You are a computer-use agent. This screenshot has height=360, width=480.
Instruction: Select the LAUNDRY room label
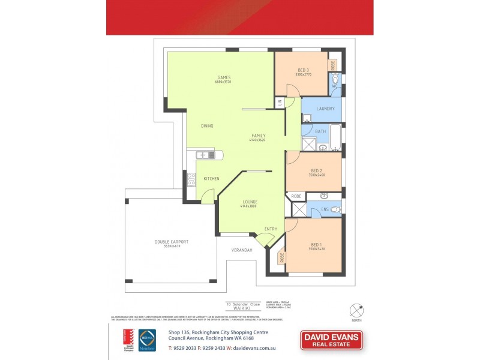pos(325,109)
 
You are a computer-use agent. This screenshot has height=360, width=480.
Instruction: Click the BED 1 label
pos(317,244)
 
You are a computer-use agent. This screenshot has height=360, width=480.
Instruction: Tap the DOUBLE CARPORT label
pos(172,242)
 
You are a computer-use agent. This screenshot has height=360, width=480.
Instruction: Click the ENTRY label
pos(271,229)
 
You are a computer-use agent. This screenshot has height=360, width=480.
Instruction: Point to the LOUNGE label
pos(250,202)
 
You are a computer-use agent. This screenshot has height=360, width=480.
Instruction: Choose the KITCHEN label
pos(211,179)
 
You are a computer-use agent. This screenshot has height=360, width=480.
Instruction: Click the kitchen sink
pos(207,155)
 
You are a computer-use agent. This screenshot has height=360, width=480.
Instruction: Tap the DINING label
pos(207,126)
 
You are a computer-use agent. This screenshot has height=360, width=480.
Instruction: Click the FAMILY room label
pos(259,136)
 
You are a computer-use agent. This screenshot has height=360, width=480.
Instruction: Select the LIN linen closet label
pos(280,103)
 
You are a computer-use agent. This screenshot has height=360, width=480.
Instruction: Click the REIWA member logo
pos(148,340)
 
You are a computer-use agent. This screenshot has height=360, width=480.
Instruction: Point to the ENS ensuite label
pos(325,209)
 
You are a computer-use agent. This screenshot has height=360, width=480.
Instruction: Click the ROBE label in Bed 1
pos(281,259)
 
